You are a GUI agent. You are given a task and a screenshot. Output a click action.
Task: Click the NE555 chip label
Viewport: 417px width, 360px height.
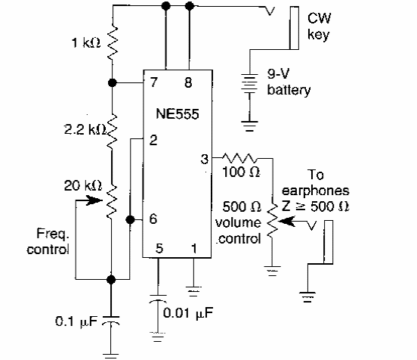pyautogui.click(x=178, y=114)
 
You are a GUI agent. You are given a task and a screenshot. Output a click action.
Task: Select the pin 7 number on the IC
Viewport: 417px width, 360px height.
pyautogui.click(x=153, y=82)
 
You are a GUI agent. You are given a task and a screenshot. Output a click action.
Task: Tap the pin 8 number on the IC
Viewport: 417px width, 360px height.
pyautogui.click(x=188, y=82)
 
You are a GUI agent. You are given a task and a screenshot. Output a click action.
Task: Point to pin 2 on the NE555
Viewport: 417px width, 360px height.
pyautogui.click(x=153, y=140)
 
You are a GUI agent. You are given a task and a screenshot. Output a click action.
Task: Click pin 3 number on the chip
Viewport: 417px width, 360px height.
pyautogui.click(x=205, y=159)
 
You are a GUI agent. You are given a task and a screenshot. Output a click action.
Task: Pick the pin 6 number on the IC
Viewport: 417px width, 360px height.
pyautogui.click(x=153, y=219)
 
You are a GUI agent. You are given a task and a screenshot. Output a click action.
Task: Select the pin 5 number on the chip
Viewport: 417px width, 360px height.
pyautogui.click(x=159, y=248)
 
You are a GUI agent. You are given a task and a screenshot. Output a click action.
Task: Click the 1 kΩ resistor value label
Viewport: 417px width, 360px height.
pyautogui.click(x=86, y=42)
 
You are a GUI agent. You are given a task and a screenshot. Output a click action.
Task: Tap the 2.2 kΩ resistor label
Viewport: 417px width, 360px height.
pyautogui.click(x=85, y=129)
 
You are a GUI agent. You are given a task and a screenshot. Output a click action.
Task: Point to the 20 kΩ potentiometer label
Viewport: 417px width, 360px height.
pyautogui.click(x=83, y=185)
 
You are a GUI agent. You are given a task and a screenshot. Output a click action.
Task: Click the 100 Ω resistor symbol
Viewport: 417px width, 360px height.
pyautogui.click(x=239, y=158)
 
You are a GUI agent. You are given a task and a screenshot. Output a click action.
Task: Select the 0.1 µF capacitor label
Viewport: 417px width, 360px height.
pyautogui.click(x=76, y=321)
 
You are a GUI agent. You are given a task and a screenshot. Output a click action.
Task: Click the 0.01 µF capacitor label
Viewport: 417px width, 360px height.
pyautogui.click(x=188, y=312)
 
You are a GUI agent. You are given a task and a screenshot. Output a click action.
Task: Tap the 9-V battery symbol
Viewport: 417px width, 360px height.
pyautogui.click(x=249, y=84)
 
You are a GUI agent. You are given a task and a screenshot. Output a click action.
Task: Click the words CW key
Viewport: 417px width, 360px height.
pyautogui.click(x=319, y=26)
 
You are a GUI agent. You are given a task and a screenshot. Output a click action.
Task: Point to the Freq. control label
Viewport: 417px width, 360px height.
pyautogui.click(x=48, y=241)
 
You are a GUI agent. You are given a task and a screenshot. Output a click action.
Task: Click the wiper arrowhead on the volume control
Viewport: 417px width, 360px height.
pyautogui.click(x=287, y=221)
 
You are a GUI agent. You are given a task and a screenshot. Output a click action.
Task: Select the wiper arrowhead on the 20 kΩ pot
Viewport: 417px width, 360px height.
pyautogui.click(x=94, y=200)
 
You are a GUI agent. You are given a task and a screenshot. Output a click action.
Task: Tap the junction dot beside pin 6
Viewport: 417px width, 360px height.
pyautogui.click(x=130, y=219)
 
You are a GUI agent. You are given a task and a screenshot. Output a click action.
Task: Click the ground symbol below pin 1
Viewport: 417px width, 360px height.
pyautogui.click(x=193, y=291)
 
